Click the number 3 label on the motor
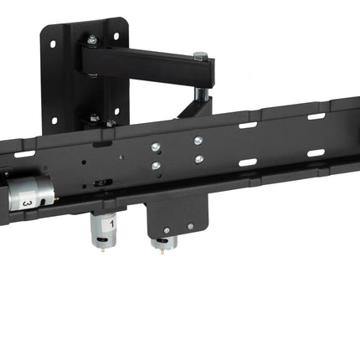click(x=27, y=203)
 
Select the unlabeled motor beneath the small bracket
click(x=164, y=242)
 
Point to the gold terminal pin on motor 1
click(x=104, y=250)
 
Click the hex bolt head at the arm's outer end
click(x=200, y=56)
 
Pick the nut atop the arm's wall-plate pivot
click(x=92, y=39)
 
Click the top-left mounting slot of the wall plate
click(x=53, y=44)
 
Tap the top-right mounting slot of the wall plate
click(x=116, y=36)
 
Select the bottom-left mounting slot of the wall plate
click(x=54, y=121)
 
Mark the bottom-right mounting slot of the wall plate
click(x=117, y=111)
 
